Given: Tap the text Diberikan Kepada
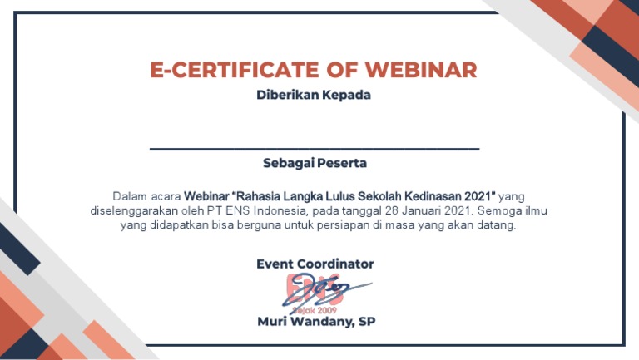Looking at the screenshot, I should [314, 96].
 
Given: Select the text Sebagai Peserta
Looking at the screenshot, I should [315, 163].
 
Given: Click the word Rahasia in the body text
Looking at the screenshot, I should [260, 196].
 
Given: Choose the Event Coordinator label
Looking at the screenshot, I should [315, 264].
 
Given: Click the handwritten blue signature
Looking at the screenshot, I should [329, 289].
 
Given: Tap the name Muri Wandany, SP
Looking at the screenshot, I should [315, 322].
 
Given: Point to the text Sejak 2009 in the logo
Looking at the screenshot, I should [309, 308].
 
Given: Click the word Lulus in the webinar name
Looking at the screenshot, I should [342, 196].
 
